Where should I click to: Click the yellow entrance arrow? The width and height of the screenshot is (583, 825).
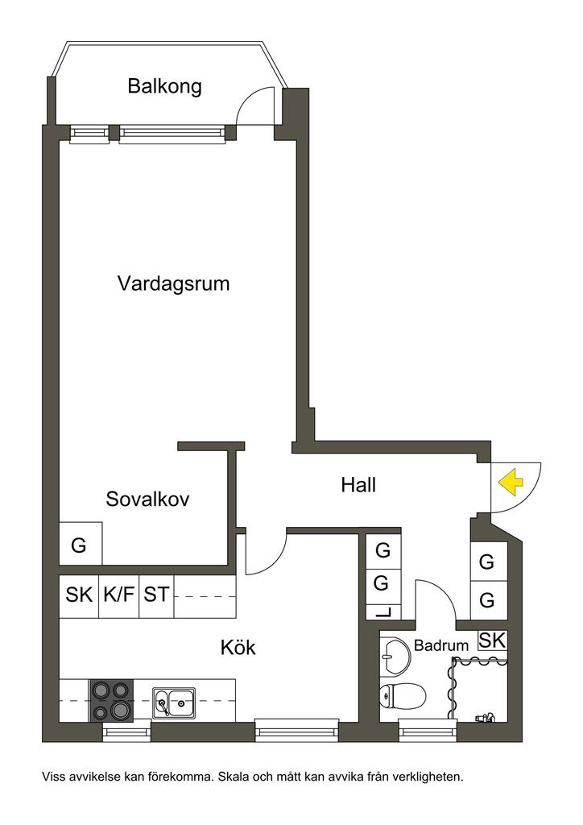pos(511,483)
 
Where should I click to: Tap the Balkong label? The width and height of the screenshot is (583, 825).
pos(164,86)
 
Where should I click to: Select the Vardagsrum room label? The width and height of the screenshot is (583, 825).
pos(173,284)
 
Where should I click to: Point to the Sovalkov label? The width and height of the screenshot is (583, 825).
pos(147,500)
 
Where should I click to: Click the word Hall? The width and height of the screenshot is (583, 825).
pos(358,485)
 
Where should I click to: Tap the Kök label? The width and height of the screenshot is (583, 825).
pos(238,647)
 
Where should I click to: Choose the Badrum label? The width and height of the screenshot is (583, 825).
pos(441,645)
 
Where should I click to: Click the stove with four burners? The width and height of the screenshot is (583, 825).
pos(111,700)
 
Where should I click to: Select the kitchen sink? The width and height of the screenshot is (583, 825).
pos(173,702)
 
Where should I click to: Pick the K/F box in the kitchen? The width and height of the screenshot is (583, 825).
pos(119,595)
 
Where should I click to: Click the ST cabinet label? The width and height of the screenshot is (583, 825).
pos(156,595)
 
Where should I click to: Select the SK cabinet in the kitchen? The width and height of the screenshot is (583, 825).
pos(79,595)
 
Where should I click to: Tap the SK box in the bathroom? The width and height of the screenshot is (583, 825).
pos(492,640)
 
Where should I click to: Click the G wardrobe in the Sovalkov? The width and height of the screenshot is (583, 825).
pos(80,545)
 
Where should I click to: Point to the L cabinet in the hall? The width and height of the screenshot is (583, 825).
pos(383,611)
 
